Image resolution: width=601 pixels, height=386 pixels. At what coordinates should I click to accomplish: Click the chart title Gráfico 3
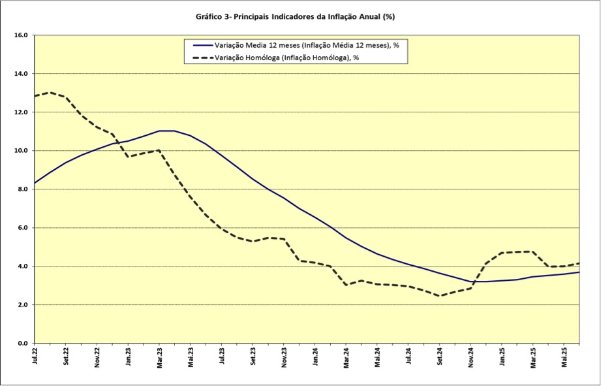click(x=295, y=16)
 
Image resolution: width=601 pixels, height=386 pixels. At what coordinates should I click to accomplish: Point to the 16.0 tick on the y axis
click(x=21, y=35)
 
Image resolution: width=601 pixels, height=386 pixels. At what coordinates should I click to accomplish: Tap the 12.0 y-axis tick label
click(x=21, y=112)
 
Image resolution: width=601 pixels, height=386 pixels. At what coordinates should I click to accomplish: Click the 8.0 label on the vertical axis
click(x=22, y=189)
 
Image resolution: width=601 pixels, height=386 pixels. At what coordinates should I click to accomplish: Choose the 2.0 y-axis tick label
click(x=22, y=305)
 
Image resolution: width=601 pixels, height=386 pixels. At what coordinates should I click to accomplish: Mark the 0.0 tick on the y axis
click(x=22, y=344)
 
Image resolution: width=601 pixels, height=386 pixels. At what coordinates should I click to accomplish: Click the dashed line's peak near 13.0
click(x=50, y=92)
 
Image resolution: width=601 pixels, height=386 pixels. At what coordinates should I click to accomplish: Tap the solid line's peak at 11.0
click(x=166, y=131)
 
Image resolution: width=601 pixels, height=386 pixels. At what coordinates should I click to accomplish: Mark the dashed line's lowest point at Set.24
click(x=440, y=296)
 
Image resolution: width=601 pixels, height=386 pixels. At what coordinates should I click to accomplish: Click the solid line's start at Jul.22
click(x=35, y=183)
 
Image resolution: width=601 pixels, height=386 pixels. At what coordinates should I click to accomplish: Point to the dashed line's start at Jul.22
click(x=35, y=96)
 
